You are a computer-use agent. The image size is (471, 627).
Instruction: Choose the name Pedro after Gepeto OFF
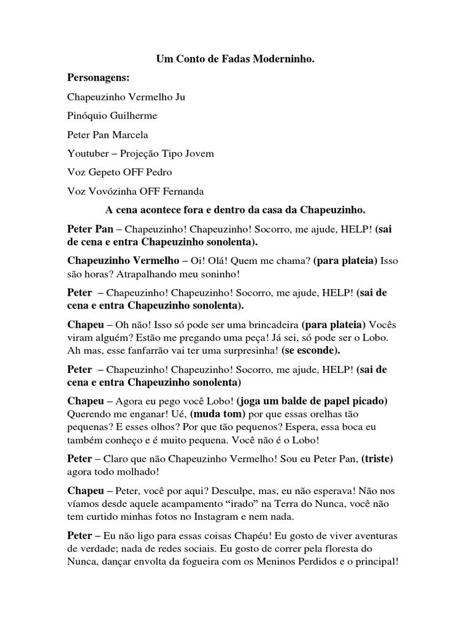coord(159,172)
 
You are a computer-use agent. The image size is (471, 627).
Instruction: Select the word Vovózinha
coord(111,191)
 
